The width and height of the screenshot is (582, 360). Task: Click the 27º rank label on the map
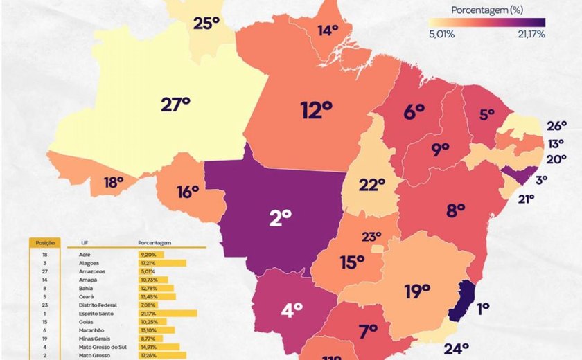(175, 105)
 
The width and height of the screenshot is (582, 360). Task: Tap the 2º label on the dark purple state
(280, 218)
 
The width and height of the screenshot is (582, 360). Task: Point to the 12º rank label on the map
(319, 110)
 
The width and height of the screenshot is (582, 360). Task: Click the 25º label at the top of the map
(206, 24)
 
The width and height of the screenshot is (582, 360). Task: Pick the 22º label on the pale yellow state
(371, 185)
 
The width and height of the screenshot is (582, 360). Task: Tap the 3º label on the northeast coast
(541, 179)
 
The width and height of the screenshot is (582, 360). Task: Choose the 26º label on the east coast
(556, 126)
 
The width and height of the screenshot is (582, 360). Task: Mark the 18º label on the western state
(114, 182)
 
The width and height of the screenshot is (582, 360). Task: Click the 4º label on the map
(292, 311)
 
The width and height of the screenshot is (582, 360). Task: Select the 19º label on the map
(417, 291)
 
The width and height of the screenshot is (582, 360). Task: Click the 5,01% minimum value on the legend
(441, 34)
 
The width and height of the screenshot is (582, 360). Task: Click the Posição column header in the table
(44, 243)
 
